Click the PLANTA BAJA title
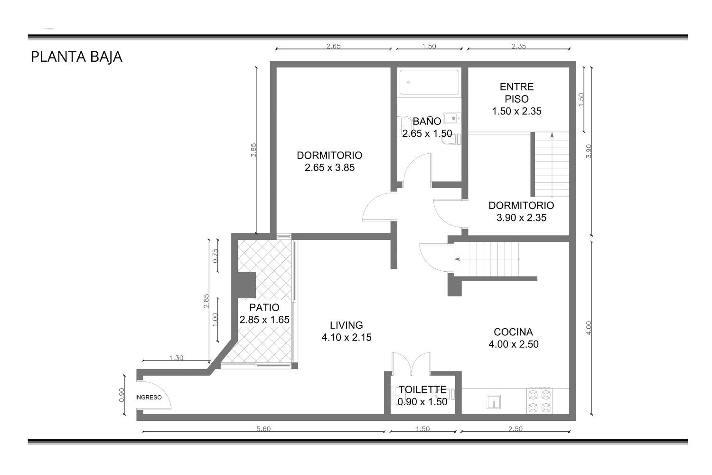click(x=76, y=57)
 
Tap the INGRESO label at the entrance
click(x=149, y=398)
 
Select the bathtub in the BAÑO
click(x=429, y=82)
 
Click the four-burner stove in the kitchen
click(x=539, y=401)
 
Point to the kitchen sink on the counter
click(x=494, y=402)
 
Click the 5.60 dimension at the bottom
click(x=263, y=428)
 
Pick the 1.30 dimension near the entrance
click(x=176, y=358)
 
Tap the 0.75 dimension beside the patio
click(x=215, y=256)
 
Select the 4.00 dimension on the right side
click(x=589, y=328)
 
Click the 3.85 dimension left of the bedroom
click(x=253, y=150)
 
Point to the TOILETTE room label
click(x=422, y=389)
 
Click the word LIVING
click(x=346, y=325)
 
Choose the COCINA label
click(x=513, y=332)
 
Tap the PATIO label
click(x=264, y=307)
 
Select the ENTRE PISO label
click(x=516, y=93)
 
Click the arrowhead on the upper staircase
click(x=552, y=135)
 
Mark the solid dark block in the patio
click(x=246, y=285)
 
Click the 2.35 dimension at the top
click(x=518, y=46)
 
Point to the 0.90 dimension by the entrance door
click(x=122, y=395)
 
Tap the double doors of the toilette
click(x=412, y=363)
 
